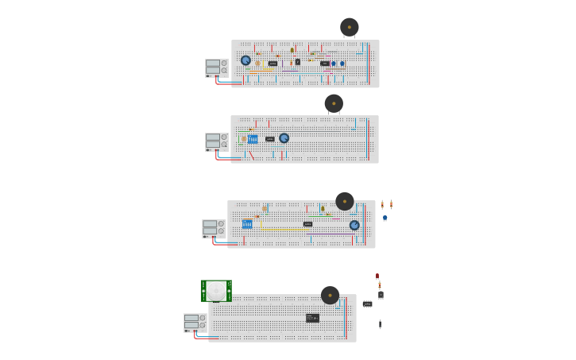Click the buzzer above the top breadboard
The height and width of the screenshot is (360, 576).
[349, 27]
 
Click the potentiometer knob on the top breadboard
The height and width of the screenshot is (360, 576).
[245, 60]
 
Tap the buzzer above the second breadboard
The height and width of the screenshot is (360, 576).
[334, 103]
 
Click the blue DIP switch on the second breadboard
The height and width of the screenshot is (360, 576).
[253, 139]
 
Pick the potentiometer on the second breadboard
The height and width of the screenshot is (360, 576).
[284, 138]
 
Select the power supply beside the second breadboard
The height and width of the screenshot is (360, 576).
[216, 141]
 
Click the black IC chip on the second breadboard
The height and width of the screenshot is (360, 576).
[270, 139]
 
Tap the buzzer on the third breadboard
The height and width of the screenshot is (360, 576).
[344, 201]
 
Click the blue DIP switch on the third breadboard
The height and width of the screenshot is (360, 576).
[247, 224]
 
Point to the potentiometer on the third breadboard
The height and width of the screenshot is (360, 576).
[354, 225]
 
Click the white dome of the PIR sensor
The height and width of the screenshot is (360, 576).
[216, 291]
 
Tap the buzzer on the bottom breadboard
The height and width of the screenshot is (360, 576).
[330, 295]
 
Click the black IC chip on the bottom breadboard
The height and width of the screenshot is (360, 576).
[312, 318]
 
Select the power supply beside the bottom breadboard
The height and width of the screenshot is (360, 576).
[195, 322]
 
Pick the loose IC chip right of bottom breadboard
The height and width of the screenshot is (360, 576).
[367, 304]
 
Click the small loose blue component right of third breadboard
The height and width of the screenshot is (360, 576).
[385, 218]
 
